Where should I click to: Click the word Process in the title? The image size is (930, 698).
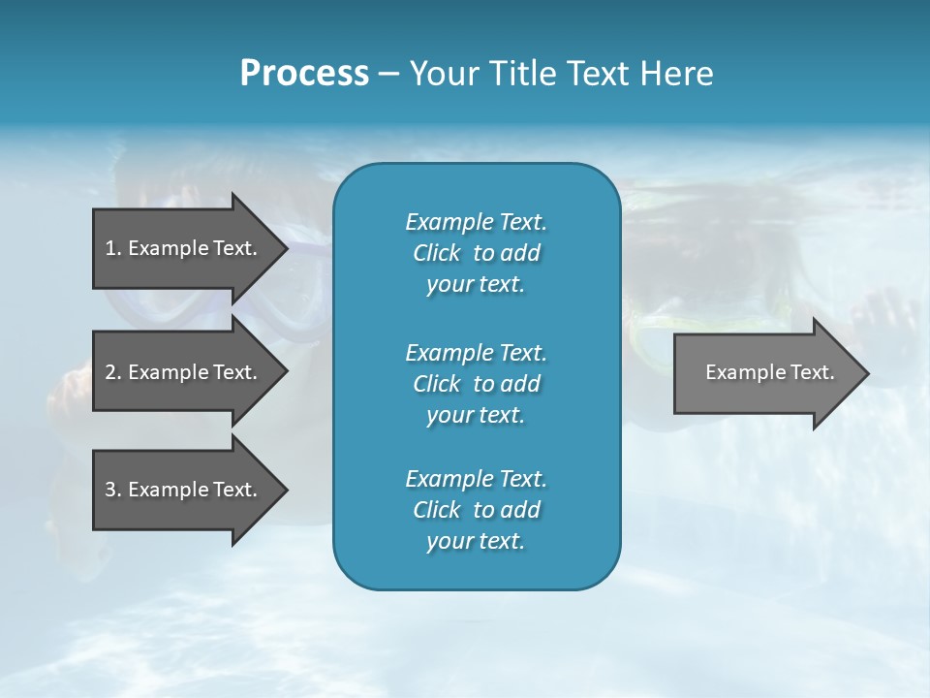click(x=304, y=74)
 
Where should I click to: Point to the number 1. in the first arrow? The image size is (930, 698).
click(x=113, y=248)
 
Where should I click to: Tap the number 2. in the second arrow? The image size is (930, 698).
click(x=113, y=372)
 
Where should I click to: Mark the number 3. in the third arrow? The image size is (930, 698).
click(x=113, y=490)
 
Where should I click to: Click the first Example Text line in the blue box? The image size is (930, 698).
click(x=476, y=222)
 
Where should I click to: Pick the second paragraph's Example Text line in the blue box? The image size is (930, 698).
click(x=476, y=353)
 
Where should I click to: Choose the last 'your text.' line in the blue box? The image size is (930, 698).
click(x=476, y=541)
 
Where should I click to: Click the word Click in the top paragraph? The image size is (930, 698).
click(x=437, y=253)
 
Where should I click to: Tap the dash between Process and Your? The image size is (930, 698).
click(x=388, y=74)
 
